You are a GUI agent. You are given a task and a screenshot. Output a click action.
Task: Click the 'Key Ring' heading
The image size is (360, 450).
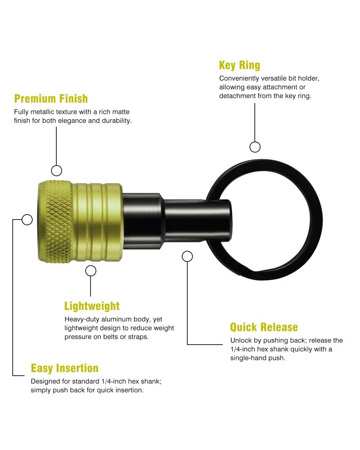click(239, 65)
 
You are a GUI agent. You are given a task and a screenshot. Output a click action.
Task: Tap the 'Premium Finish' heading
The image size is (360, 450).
click(51, 99)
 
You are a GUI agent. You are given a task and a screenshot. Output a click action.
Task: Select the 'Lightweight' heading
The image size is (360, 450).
click(92, 306)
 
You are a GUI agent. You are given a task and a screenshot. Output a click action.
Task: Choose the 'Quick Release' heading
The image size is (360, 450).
click(264, 327)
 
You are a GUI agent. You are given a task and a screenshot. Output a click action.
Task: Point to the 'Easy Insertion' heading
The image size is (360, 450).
click(65, 368)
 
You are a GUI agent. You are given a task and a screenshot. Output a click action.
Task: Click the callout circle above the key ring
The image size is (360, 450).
click(255, 147)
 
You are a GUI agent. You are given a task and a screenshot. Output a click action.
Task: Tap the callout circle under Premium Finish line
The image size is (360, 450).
click(57, 171)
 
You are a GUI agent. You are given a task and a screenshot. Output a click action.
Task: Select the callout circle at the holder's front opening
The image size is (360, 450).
click(27, 220)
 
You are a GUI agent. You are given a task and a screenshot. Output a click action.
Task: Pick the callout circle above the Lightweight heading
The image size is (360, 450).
click(91, 270)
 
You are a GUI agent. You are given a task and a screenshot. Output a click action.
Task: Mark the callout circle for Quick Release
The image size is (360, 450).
click(188, 256)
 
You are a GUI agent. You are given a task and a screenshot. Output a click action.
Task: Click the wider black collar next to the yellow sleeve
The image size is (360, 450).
click(142, 220)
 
